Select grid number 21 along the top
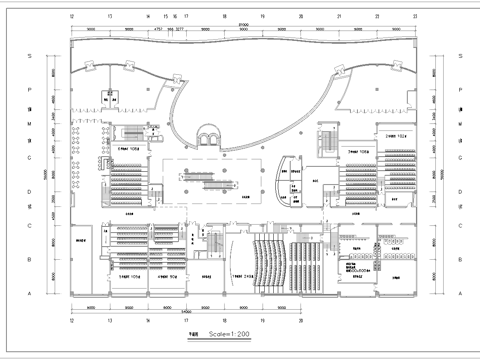pyautogui.click(x=340, y=17)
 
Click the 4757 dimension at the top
pyautogui.click(x=157, y=31)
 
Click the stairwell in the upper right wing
pyautogui.click(x=327, y=139)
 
